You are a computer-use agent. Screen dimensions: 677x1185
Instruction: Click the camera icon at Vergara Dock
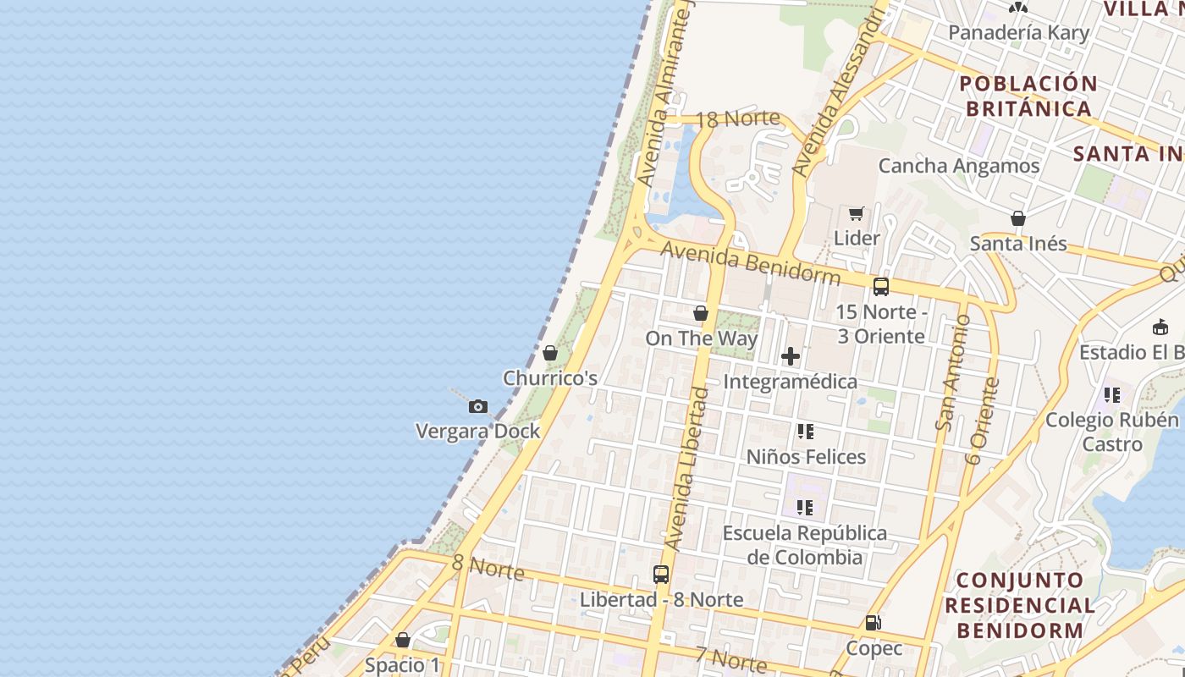[478, 407]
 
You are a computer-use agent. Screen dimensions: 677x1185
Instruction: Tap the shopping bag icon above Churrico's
[550, 353]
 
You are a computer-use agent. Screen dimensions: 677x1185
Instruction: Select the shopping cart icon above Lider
[856, 213]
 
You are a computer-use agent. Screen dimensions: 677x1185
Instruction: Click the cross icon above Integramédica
[791, 356]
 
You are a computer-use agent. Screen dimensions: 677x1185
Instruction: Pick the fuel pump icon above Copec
[873, 624]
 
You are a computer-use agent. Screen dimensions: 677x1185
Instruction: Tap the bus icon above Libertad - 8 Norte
[661, 575]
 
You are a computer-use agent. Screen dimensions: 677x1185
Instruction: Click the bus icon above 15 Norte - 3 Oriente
[881, 287]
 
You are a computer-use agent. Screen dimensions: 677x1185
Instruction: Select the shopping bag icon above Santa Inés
[1018, 218]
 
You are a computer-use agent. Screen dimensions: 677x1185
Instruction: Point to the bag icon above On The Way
[701, 314]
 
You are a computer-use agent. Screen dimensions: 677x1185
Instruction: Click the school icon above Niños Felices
[805, 432]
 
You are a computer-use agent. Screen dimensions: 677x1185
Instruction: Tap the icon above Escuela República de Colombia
[805, 508]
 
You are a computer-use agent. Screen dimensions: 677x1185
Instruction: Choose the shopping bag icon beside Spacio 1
[403, 640]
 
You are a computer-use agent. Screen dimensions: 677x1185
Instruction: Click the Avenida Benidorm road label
[751, 263]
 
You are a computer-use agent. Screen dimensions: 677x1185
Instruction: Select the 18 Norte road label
[738, 118]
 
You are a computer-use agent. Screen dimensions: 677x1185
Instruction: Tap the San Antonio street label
[951, 372]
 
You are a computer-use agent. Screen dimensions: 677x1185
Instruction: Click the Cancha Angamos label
[959, 166]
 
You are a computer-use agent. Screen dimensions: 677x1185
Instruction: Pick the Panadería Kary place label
[1019, 33]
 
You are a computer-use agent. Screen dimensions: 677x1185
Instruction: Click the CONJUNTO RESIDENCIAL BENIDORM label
[1020, 605]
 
